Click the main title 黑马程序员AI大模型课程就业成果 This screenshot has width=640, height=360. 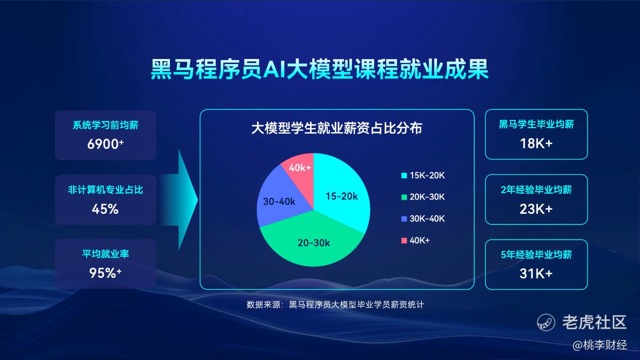[319, 69]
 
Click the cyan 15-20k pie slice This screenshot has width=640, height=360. [340, 194]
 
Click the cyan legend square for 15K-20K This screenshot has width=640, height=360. [404, 175]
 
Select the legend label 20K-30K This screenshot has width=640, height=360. [427, 197]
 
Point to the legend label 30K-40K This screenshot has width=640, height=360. [427, 219]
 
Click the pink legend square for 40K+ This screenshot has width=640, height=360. [404, 241]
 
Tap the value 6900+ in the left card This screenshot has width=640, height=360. [105, 144]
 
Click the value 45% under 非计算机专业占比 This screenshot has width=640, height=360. [105, 209]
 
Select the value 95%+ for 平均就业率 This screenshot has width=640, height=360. [105, 273]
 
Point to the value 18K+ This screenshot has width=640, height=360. [536, 143]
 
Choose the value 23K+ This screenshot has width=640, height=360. [536, 209]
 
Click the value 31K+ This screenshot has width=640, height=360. [536, 273]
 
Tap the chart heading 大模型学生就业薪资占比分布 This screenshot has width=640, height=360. [337, 128]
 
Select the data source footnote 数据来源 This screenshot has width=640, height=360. [335, 305]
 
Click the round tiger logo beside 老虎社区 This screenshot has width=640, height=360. [546, 322]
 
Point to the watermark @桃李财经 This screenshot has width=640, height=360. [600, 345]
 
